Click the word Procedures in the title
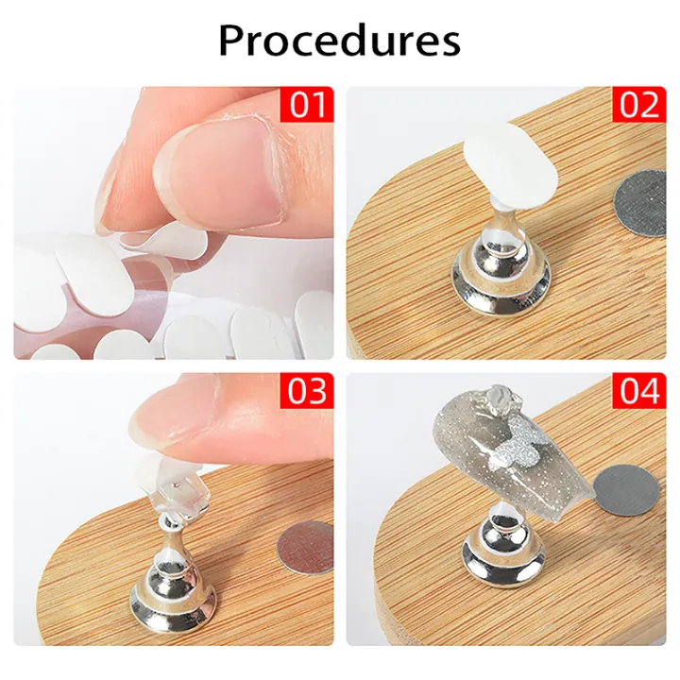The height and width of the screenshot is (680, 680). (339, 41)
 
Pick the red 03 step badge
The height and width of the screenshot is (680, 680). (308, 390)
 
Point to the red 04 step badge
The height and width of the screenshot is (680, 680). (640, 390)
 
